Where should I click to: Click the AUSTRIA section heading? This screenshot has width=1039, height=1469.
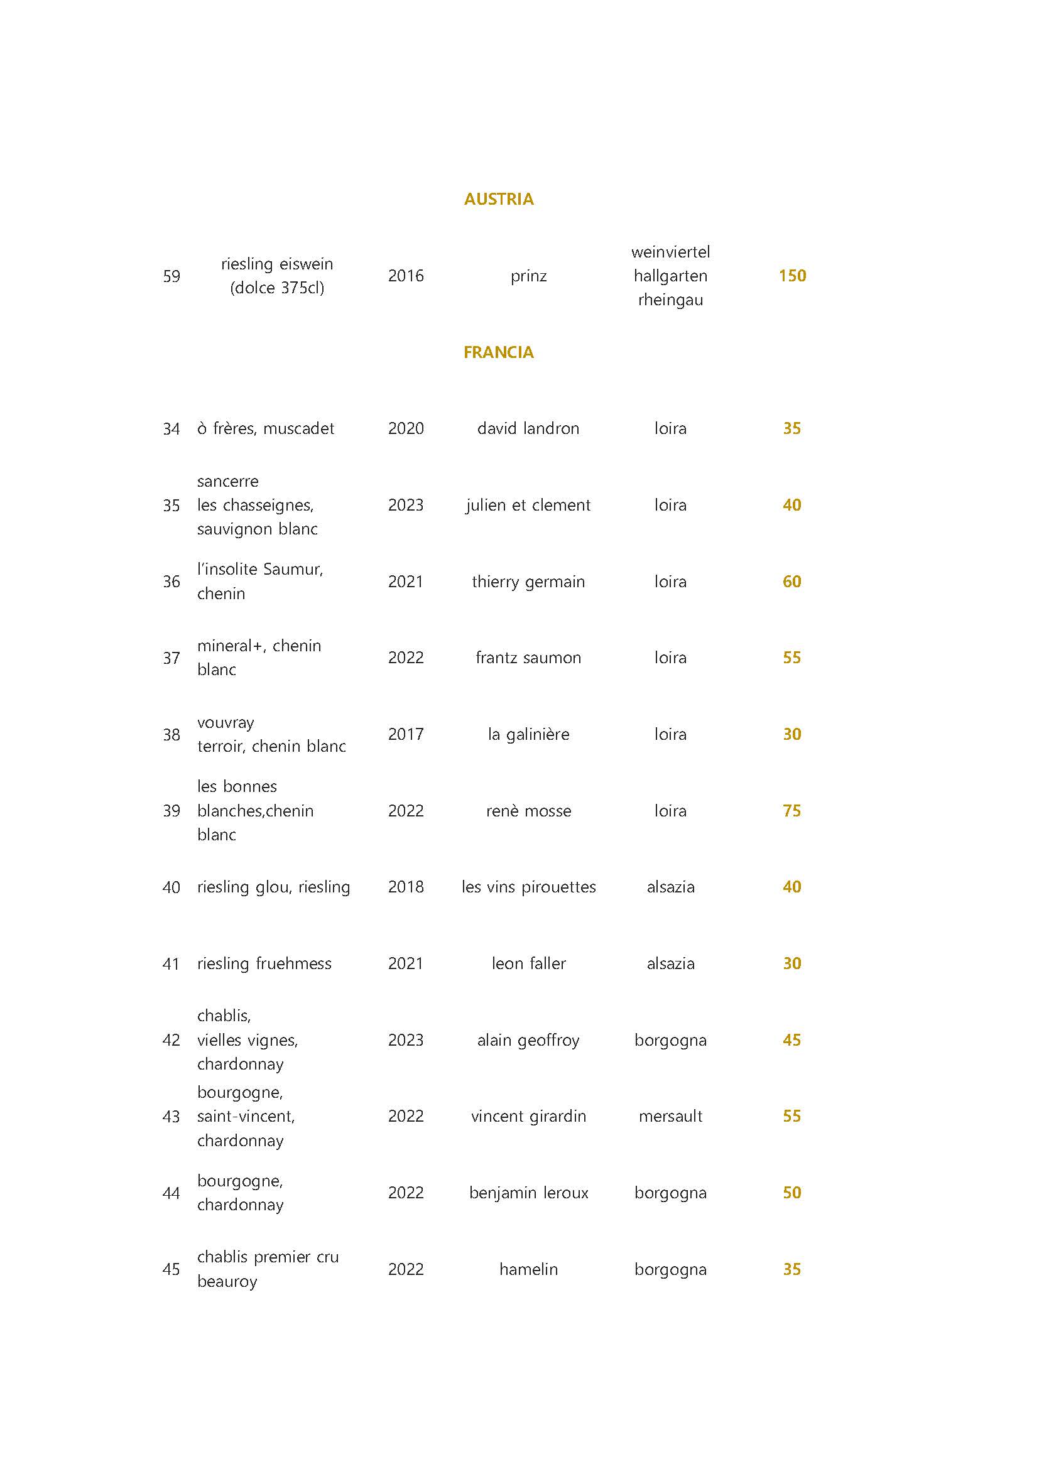tap(498, 199)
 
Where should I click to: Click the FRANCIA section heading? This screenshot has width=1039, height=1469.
tap(498, 352)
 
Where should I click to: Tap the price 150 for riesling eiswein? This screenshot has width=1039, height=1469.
tap(792, 276)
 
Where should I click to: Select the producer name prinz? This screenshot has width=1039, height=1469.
tap(528, 276)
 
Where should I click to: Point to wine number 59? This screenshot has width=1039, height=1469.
tap(171, 276)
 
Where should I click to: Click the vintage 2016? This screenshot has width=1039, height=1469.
tap(406, 276)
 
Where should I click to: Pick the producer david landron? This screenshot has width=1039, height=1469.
tap(528, 429)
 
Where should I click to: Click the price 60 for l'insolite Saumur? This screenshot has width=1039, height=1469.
tap(792, 582)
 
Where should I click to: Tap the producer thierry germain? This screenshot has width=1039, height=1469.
tap(528, 582)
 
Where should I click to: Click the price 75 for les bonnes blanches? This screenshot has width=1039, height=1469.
tap(792, 811)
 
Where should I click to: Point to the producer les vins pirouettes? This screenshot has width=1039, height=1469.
tap(528, 887)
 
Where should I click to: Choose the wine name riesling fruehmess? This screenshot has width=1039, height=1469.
tap(264, 963)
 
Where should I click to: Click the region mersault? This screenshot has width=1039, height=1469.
tap(670, 1117)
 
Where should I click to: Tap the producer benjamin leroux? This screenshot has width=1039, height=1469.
tap(528, 1193)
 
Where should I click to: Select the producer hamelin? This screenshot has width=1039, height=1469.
tap(528, 1269)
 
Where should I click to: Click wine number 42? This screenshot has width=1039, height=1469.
tap(171, 1040)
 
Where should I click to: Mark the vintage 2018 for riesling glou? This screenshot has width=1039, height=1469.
tap(406, 887)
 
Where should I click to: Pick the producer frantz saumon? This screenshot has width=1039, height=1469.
tap(528, 658)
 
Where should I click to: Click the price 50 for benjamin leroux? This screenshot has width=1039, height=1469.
tap(792, 1193)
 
